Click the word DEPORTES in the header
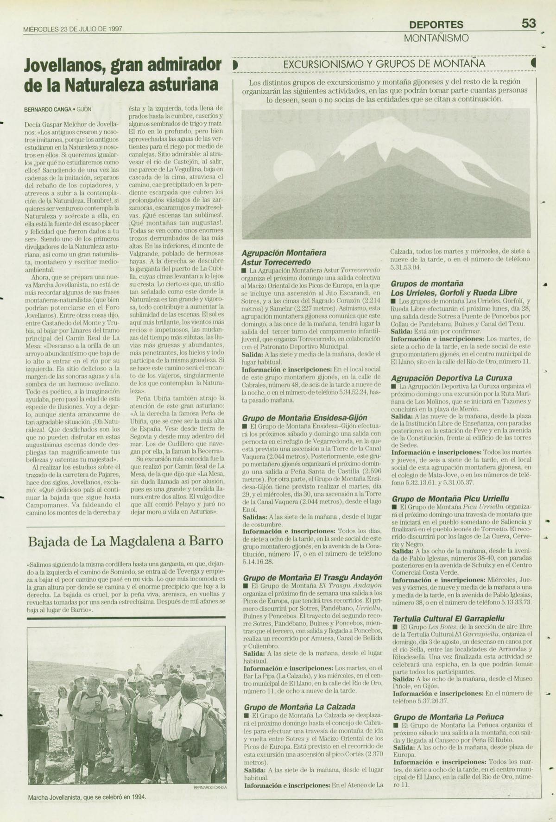(436, 25)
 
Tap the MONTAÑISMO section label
(436, 38)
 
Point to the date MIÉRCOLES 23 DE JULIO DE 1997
(73, 29)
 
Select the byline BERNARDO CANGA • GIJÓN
(58, 109)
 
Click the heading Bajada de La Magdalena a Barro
(126, 541)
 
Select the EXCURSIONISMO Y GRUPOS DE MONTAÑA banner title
(384, 63)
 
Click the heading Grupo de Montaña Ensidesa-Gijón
(305, 417)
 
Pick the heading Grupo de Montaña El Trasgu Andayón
(313, 577)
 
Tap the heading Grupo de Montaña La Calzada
(300, 707)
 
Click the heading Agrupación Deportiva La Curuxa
(452, 378)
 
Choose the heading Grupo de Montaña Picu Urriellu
(451, 499)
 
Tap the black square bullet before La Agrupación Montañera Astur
(244, 270)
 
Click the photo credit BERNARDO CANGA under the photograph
(209, 787)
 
